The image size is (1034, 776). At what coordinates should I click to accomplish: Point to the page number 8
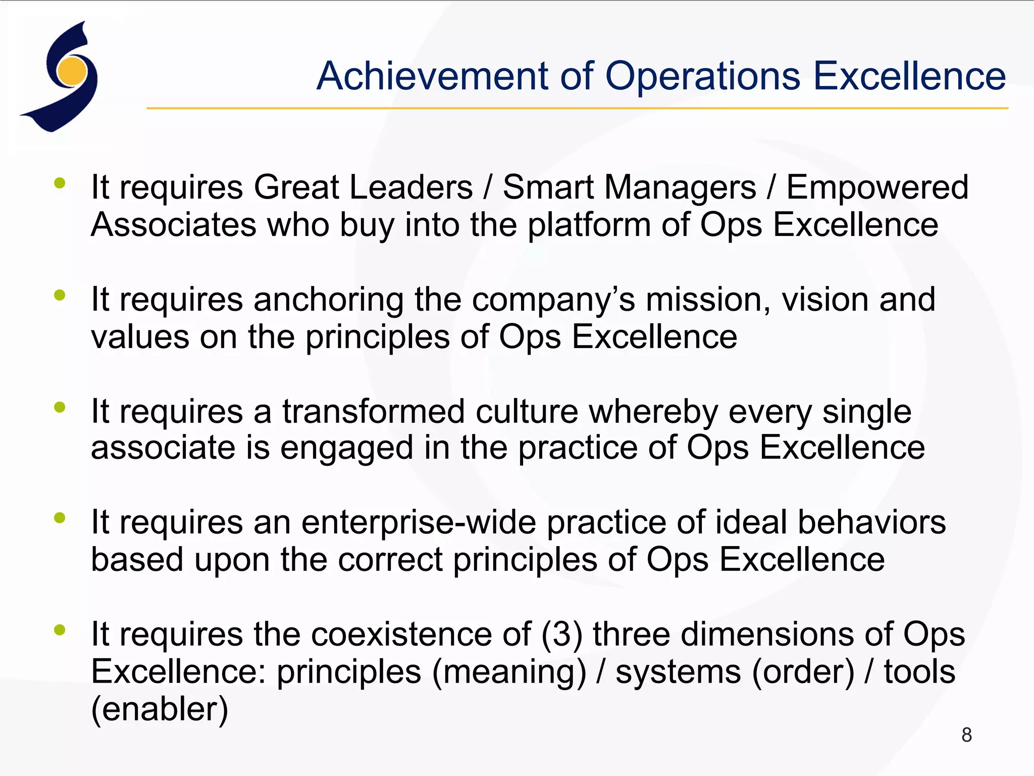point(966,735)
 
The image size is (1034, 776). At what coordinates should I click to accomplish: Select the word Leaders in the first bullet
point(411,187)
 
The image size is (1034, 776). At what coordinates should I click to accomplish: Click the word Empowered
point(877,187)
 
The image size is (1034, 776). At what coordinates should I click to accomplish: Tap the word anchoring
point(328,300)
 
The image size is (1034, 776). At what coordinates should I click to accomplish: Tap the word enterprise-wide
point(419,522)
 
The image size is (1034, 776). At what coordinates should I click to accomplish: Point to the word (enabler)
point(160,709)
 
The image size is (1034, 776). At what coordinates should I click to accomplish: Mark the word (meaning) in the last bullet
point(509,672)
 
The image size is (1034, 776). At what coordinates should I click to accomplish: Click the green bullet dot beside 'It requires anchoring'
point(60,295)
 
